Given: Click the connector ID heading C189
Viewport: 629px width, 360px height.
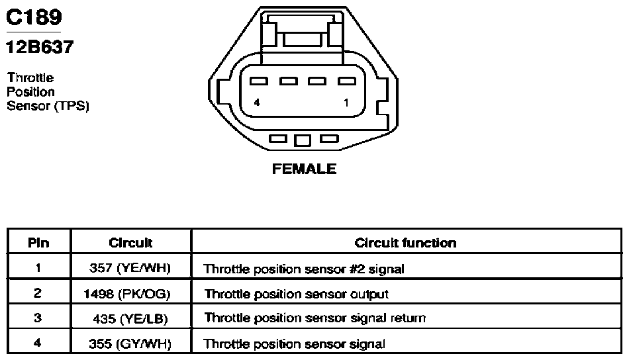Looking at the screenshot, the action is pos(34,17).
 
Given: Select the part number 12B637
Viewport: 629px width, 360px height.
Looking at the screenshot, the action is pos(40,47).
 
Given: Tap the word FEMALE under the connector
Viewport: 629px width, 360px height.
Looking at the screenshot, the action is pos(304,169).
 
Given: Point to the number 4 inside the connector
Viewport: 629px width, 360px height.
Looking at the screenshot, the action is pos(257,102).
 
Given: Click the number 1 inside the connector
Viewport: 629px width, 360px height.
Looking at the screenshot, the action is pos(346,103).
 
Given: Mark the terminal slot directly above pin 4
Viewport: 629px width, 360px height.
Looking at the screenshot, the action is pos(259,81).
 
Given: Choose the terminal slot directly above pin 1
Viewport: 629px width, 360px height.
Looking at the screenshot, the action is pos(346,81).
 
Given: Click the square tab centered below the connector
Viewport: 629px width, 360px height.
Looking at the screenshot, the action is pos(303,140).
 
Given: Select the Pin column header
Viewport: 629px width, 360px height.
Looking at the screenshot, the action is pos(38,243).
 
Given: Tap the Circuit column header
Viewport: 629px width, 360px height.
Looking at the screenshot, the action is pos(131,243).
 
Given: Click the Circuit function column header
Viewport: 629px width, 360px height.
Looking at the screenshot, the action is pos(406,243).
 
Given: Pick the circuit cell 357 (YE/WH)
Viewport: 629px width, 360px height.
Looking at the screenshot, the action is pos(130,268).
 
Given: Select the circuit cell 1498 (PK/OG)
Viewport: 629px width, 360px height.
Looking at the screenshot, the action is pos(126,294).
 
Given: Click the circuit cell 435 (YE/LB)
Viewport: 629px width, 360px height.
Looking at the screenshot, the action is pos(130,319).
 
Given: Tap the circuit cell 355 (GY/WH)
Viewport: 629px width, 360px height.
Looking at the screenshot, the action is pos(130,344).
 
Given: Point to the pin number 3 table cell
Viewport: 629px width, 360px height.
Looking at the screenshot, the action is pos(38,318).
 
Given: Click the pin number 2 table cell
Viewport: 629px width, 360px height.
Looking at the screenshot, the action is pos(37,293).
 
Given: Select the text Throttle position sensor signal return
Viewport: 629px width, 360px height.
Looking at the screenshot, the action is pos(315,318).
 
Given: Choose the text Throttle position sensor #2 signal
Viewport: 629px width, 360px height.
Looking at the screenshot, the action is pos(304,269).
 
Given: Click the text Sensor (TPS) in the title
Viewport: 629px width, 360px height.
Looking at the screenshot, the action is pos(48,106).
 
